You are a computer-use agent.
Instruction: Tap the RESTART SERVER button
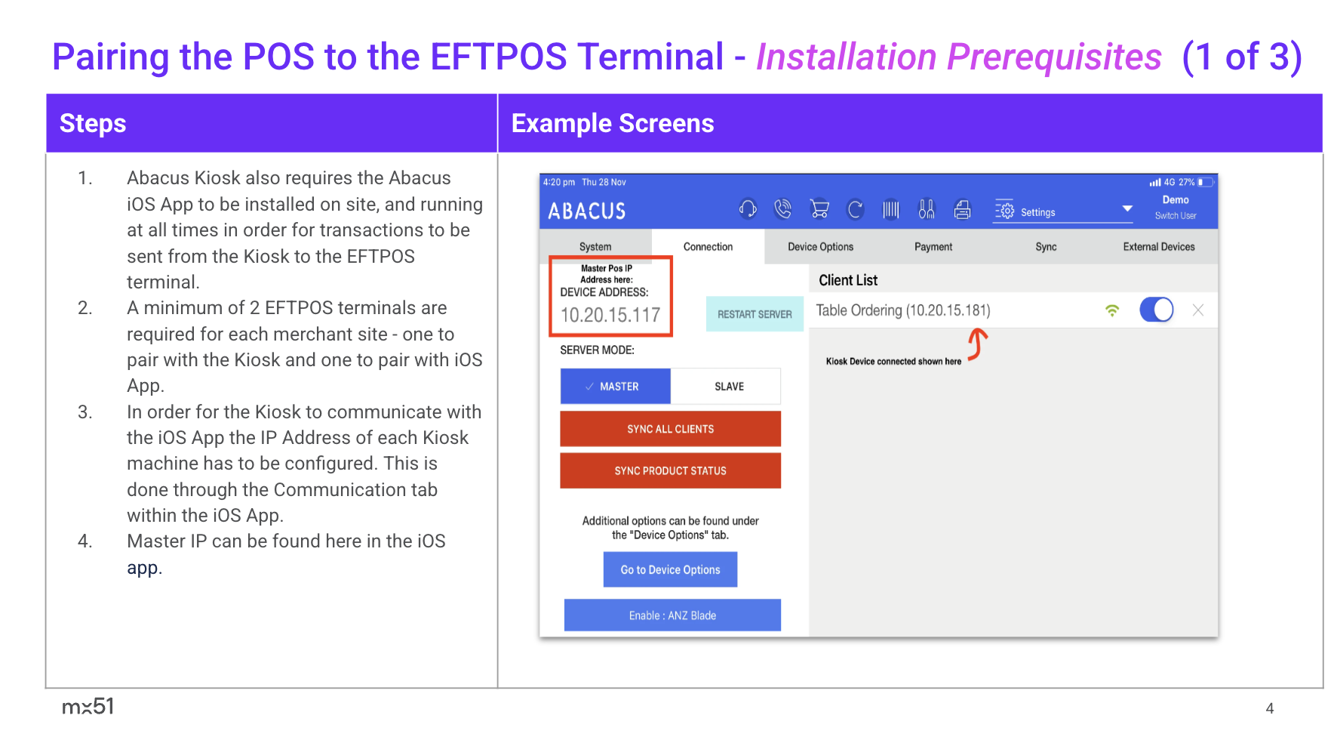(x=755, y=314)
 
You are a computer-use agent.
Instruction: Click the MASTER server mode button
(x=615, y=386)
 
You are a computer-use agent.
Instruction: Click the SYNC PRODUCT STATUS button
(x=670, y=470)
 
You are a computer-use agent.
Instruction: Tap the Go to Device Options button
(x=670, y=569)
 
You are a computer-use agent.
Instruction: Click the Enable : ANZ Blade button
(x=672, y=615)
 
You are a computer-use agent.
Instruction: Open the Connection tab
(x=708, y=247)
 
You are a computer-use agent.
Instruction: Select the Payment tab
(x=933, y=247)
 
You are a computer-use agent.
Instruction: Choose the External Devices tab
(x=1159, y=247)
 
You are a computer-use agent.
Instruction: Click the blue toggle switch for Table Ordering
(x=1156, y=310)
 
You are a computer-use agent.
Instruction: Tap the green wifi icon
(x=1112, y=310)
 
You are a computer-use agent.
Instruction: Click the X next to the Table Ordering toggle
(x=1198, y=310)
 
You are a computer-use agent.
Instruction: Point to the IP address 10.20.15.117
(x=610, y=315)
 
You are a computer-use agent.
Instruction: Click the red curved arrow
(x=978, y=344)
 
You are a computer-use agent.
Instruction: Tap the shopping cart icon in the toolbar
(x=819, y=209)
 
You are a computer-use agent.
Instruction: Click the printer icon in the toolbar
(x=962, y=209)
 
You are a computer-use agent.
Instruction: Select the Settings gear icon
(x=1005, y=210)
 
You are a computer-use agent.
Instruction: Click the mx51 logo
(x=88, y=707)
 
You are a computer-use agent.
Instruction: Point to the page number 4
(x=1270, y=708)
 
